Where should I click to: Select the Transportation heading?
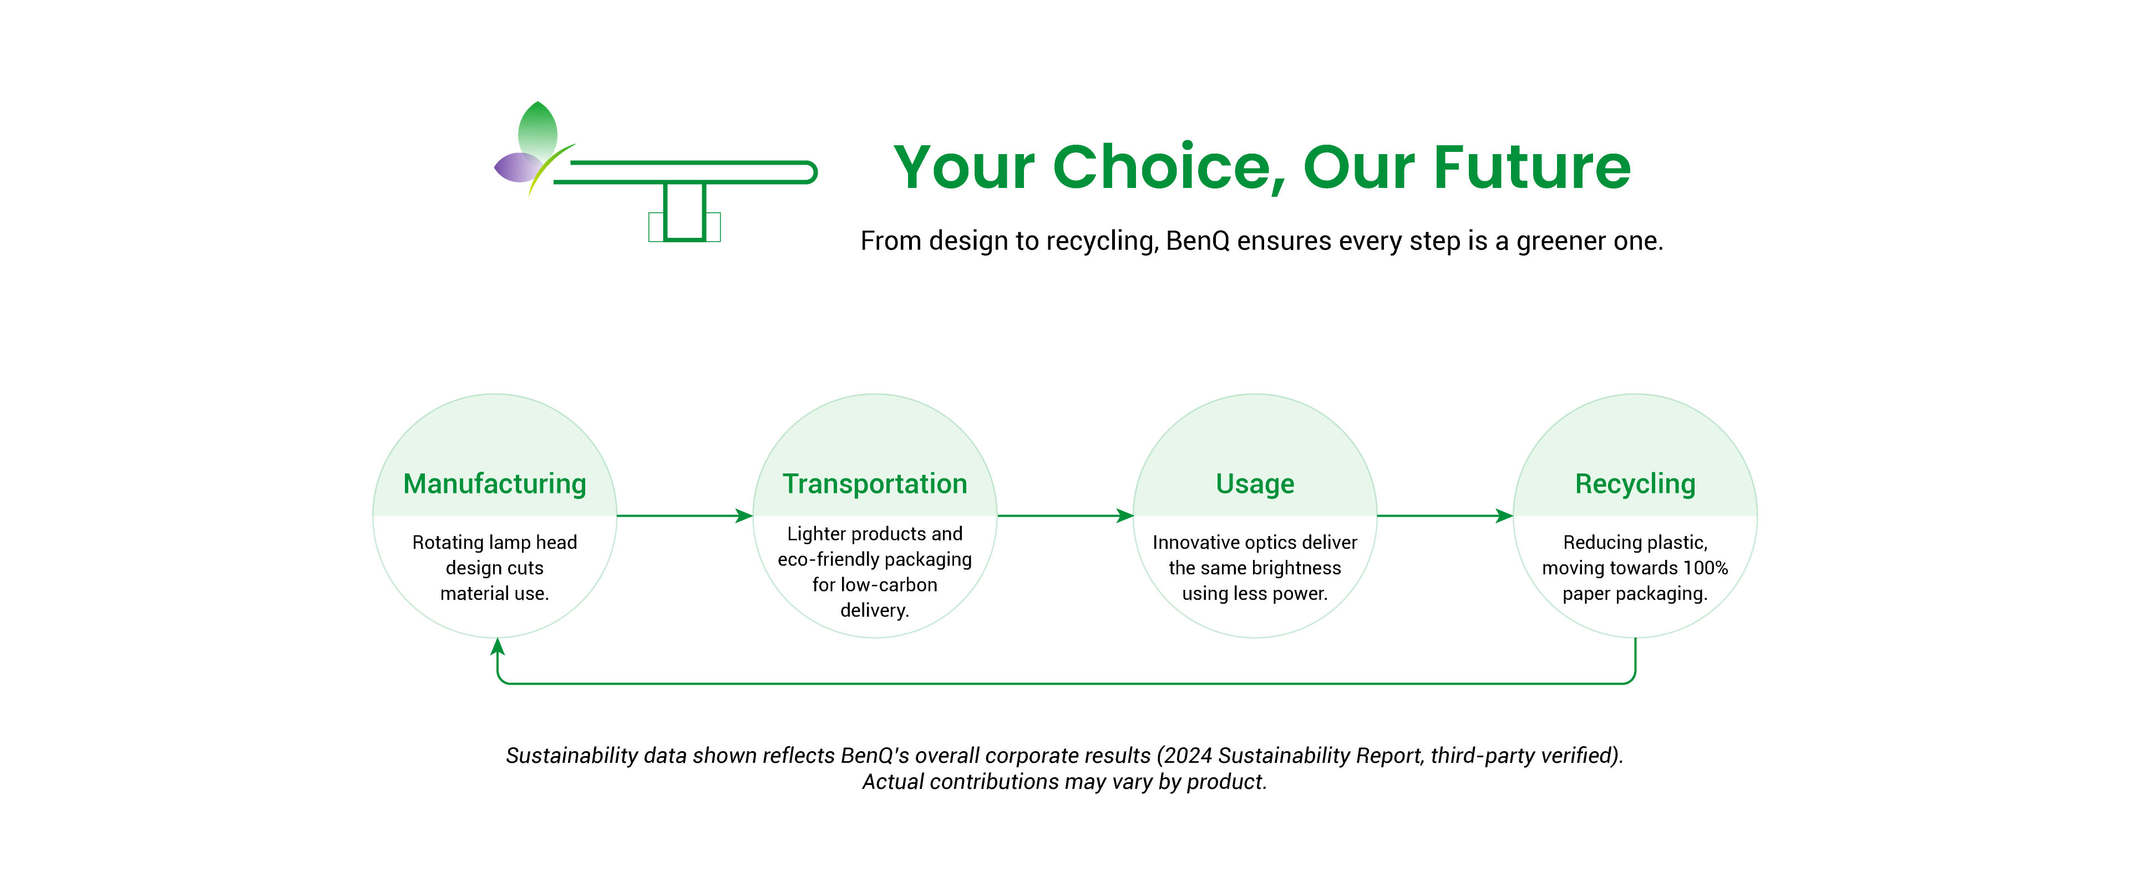pyautogui.click(x=875, y=483)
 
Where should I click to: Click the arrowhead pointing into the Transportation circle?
pyautogui.click(x=744, y=516)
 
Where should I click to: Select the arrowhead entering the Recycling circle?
pyautogui.click(x=1504, y=516)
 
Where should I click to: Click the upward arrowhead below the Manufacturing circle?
pyautogui.click(x=497, y=646)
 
